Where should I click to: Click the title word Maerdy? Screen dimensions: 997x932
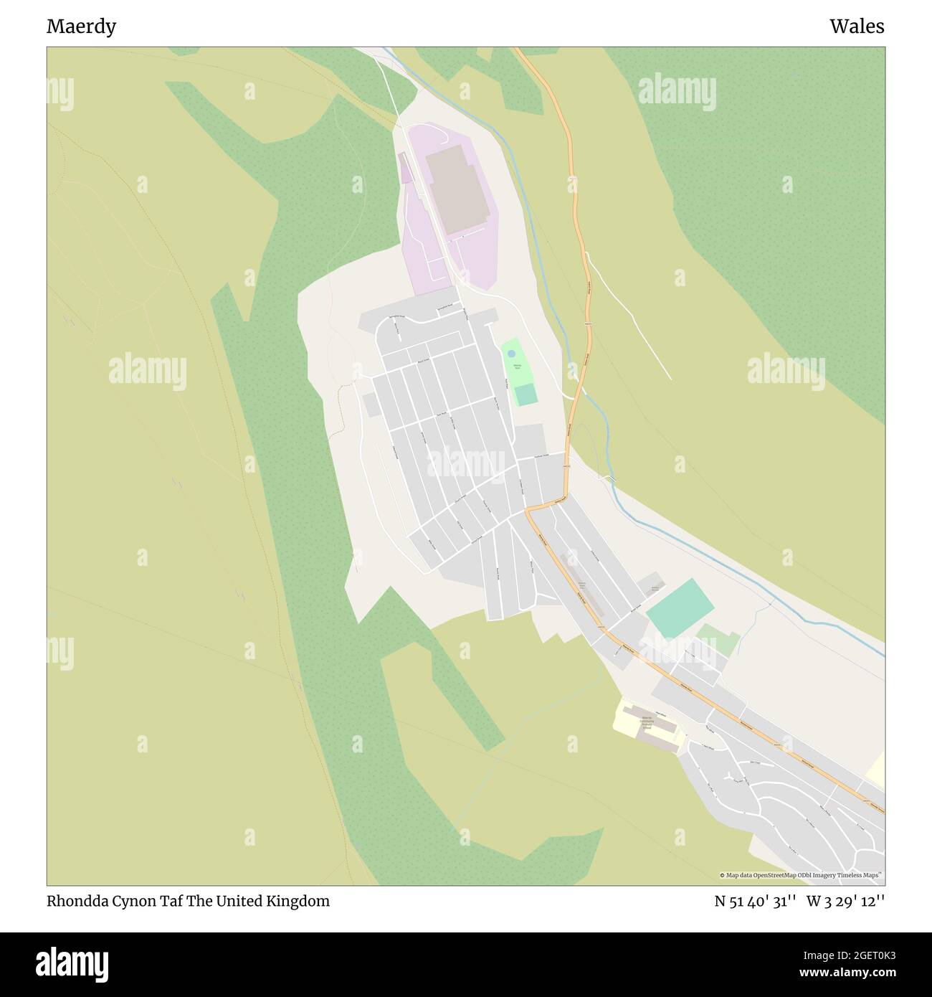[x=81, y=27]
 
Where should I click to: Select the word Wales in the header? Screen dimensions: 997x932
[x=857, y=27]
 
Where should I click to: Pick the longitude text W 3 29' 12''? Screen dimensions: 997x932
[x=845, y=902]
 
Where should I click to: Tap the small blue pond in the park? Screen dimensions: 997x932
[x=511, y=354]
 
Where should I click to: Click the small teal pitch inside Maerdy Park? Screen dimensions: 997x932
[x=526, y=394]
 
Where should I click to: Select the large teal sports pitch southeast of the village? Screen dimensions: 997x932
[x=680, y=608]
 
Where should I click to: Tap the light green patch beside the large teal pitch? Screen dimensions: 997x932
[x=718, y=640]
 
